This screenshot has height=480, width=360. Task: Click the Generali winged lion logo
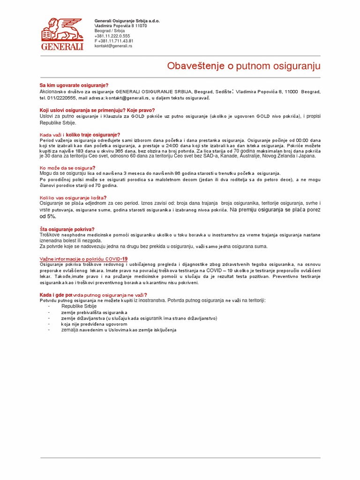coord(62,33)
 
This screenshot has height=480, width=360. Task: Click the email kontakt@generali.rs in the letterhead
coord(113,46)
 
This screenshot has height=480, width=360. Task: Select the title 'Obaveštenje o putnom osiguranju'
coord(243,66)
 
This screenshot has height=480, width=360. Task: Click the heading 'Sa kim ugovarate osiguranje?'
coord(74,85)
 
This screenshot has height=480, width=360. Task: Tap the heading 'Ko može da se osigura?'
coord(67,167)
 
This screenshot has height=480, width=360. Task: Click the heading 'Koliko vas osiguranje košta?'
coord(73,198)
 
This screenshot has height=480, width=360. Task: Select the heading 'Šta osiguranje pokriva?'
coord(67,229)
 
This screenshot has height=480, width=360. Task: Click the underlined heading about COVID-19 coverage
coord(83,259)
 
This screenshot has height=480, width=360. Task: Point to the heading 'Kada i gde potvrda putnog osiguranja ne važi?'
coord(93,295)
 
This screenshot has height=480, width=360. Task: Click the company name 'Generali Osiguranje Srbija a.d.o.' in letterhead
coord(127,21)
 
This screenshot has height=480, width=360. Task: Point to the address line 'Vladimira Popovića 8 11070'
coord(120,26)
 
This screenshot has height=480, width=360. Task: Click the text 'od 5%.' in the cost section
coord(48,217)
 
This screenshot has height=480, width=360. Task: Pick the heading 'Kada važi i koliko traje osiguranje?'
coord(80,135)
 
